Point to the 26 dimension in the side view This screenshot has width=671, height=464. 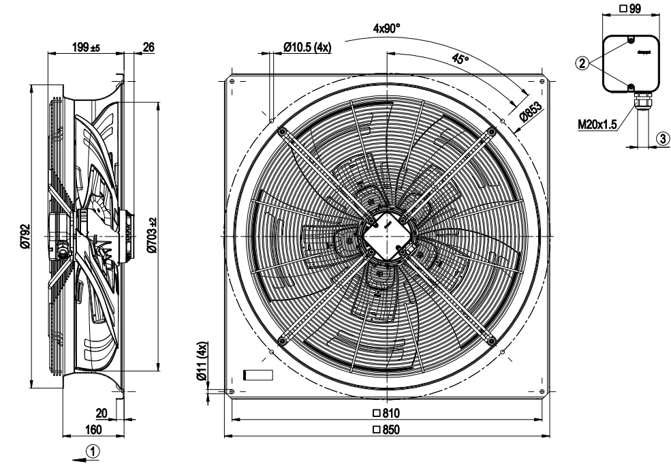(146, 48)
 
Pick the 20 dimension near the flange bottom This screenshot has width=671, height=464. (101, 412)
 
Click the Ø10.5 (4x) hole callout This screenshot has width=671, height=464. (307, 48)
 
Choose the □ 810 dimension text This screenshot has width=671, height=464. (386, 413)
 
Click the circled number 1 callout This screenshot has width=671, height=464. (96, 450)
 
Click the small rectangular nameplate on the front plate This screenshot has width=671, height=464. (258, 375)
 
